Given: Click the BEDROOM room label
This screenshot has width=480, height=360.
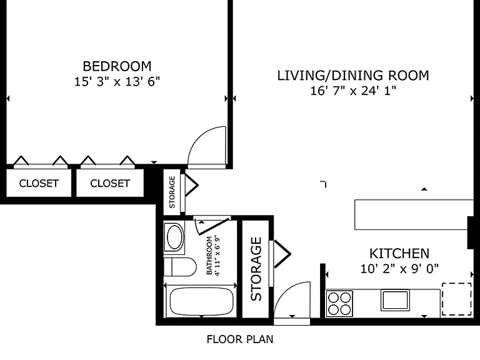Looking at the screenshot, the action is tap(117, 66).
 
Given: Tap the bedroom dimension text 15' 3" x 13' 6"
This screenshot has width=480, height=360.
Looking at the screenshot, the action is tap(117, 82).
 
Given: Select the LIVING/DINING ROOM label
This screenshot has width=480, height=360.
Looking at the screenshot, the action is tap(353, 76).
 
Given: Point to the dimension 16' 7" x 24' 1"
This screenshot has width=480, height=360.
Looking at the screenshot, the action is tap(353, 91).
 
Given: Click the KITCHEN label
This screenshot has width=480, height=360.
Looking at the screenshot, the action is tap(399, 254).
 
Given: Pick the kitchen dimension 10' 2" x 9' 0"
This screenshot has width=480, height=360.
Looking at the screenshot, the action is tap(399, 269).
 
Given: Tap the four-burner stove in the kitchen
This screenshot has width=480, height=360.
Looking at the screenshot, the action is tap(339, 303).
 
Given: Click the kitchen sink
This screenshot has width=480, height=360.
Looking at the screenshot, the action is tap(395, 300).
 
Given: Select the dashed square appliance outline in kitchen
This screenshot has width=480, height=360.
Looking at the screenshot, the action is tap(456, 299).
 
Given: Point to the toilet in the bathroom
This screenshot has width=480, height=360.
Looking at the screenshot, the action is tap(180, 267).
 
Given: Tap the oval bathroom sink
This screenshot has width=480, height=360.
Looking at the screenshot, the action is tap(174, 237).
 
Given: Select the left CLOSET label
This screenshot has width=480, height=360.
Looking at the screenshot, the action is tap(39, 183).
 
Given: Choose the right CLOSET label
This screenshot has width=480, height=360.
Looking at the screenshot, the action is tap(110, 183).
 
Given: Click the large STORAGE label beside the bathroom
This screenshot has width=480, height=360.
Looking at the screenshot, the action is tap(256, 269).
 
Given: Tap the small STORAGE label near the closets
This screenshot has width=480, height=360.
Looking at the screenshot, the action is tap(172, 192).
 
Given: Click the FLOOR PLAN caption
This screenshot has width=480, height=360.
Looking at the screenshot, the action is tap(240, 339).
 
